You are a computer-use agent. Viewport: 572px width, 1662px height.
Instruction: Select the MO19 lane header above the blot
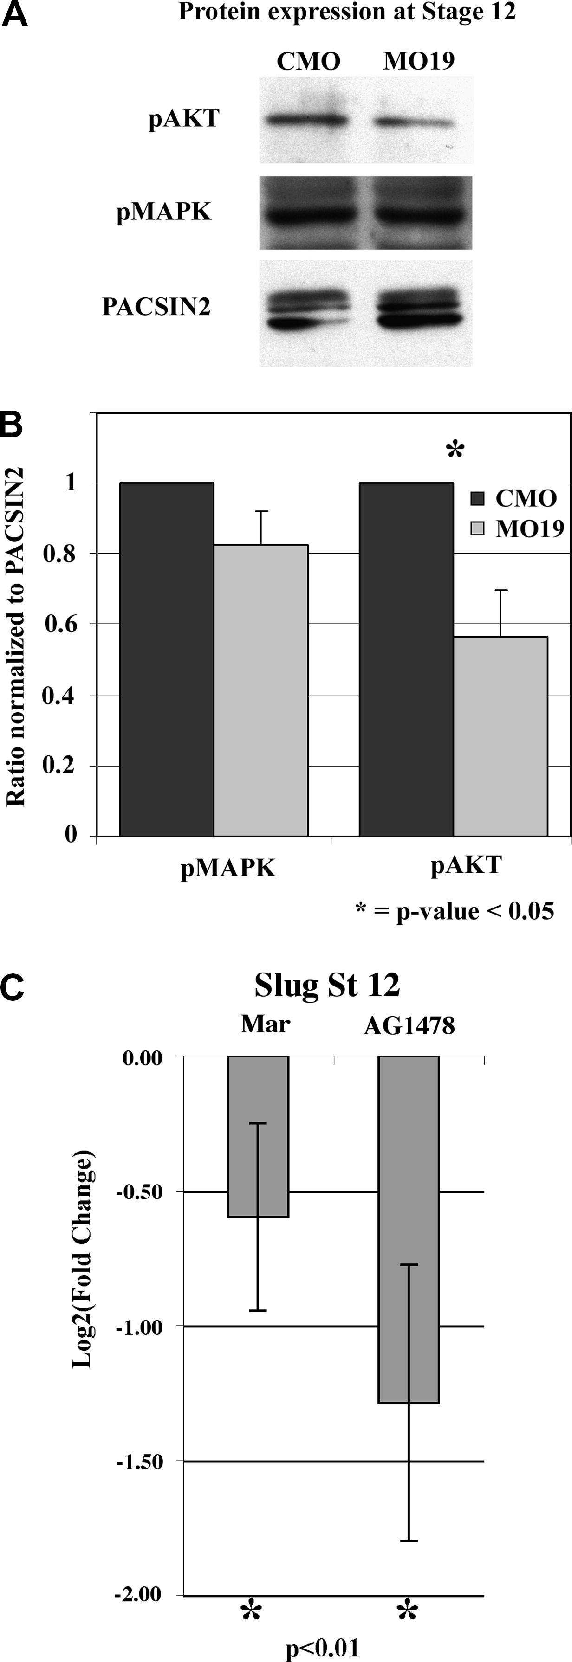(419, 61)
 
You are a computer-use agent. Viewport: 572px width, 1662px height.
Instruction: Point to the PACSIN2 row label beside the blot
(156, 307)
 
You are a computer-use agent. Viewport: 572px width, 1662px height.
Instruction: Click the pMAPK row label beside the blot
(164, 212)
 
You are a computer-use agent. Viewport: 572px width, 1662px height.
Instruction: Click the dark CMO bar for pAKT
(406, 659)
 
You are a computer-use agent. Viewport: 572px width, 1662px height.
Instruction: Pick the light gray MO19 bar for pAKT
(500, 735)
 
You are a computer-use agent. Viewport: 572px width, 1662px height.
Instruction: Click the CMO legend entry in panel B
(514, 498)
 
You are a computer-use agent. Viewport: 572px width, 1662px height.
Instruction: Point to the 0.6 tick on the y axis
(59, 625)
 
